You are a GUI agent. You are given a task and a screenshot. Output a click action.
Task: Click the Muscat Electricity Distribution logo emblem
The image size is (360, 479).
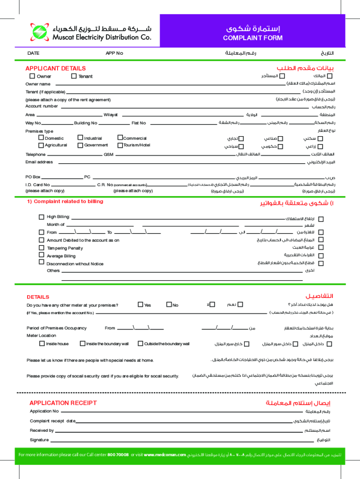(x=38, y=32)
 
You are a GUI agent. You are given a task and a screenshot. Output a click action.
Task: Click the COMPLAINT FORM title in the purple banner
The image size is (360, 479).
(x=252, y=38)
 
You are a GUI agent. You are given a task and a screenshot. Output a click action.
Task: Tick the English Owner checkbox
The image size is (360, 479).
(x=32, y=76)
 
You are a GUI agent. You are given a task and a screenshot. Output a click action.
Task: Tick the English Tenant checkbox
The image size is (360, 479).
(x=74, y=76)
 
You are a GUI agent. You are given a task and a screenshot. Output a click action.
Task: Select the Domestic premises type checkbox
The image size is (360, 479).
(x=41, y=138)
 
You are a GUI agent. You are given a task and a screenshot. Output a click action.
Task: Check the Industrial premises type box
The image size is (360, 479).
(x=80, y=138)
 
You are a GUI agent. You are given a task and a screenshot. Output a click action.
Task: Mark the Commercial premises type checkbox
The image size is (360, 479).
(x=120, y=138)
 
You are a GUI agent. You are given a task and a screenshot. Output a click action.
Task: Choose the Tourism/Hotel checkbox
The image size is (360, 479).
(x=120, y=145)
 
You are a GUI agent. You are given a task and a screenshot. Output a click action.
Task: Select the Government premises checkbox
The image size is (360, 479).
(x=80, y=145)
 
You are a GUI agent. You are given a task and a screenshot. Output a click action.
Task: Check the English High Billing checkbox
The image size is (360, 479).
(x=42, y=217)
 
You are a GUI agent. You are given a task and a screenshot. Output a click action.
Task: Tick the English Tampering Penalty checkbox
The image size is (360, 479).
(x=42, y=247)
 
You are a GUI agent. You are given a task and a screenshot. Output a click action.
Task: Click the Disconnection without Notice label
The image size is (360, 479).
(x=75, y=264)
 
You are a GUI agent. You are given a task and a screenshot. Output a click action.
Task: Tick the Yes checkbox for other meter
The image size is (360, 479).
(x=140, y=305)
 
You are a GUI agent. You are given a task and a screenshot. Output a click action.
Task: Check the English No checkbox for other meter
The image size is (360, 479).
(x=169, y=305)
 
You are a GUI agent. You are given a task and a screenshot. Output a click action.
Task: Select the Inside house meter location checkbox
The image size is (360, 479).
(x=42, y=343)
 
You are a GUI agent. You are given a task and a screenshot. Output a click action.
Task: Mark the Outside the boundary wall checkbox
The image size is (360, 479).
(x=140, y=343)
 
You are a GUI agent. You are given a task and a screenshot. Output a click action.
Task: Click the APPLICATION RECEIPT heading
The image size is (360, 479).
(x=63, y=403)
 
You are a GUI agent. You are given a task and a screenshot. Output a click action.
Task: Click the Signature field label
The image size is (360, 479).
(x=39, y=440)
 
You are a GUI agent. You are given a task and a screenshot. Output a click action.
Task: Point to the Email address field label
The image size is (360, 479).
(x=39, y=162)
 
